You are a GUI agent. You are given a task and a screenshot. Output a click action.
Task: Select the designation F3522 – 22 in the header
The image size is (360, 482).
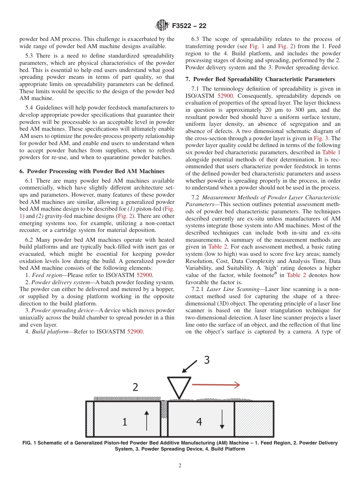point(189,26)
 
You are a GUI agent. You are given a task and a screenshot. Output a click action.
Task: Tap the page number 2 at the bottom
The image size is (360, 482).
point(180,466)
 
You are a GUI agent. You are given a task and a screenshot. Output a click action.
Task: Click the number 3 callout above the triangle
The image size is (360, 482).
point(207,360)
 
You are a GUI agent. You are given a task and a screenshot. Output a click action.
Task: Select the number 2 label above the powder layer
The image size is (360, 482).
point(135,387)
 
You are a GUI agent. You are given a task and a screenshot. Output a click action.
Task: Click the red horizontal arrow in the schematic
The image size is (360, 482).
point(216,385)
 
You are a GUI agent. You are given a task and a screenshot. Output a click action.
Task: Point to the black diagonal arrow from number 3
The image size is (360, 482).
point(189,367)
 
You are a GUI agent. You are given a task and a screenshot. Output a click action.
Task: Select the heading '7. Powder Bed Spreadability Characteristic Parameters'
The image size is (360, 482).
point(260,79)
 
